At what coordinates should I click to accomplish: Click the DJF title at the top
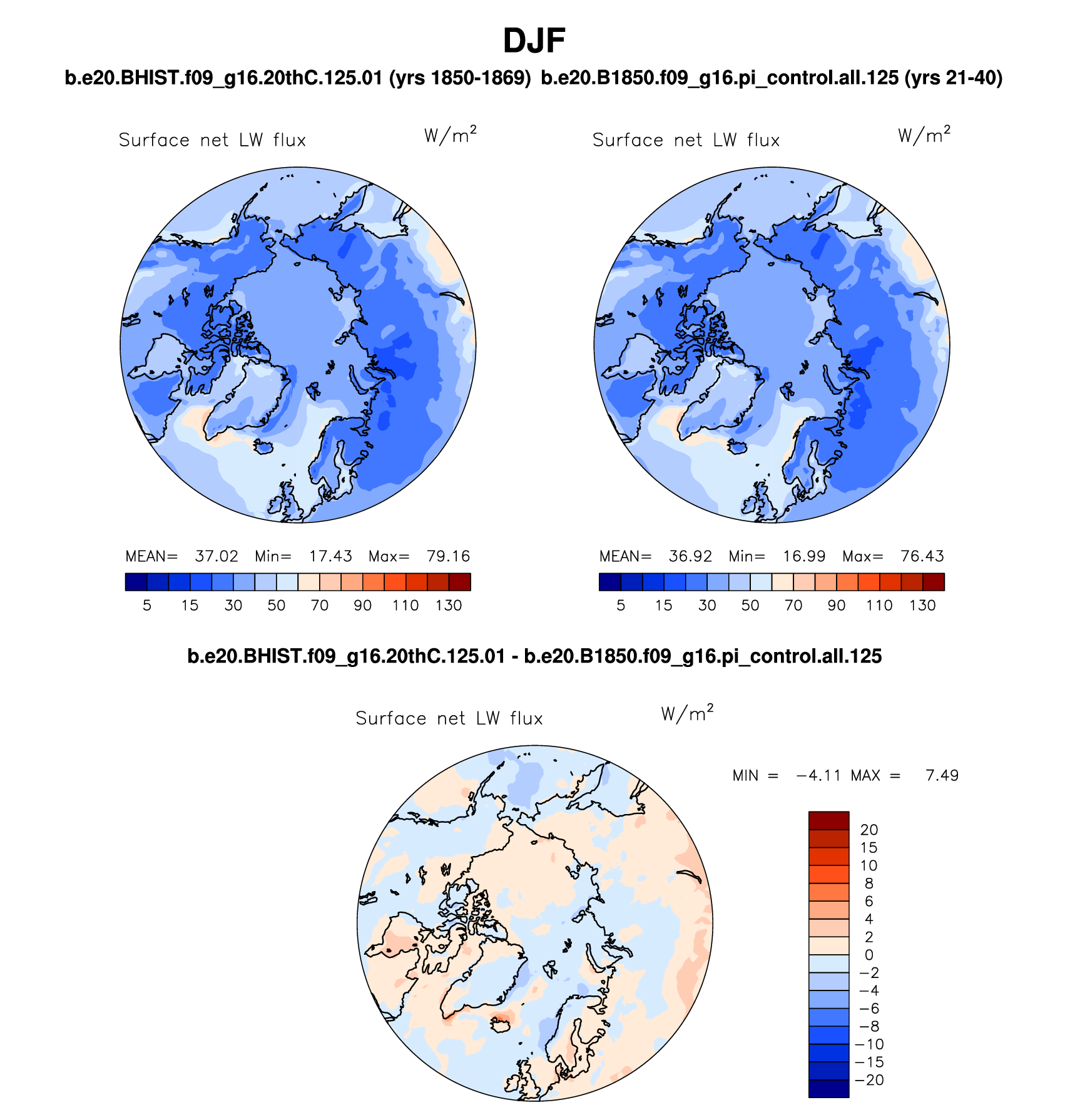coord(534,41)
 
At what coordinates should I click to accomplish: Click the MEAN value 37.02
coord(217,556)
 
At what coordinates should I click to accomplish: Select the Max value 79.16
coord(448,556)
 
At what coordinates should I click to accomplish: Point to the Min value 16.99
coord(804,556)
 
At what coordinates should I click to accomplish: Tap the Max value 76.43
coord(922,556)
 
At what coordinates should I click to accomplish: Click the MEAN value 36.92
coord(690,556)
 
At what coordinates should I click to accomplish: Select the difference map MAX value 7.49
coord(942,776)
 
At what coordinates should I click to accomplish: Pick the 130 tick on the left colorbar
coord(449,606)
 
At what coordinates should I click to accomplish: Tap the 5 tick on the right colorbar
coord(621,606)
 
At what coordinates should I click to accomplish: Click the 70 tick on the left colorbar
coord(320,606)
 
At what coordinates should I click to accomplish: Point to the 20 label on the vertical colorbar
coord(869,830)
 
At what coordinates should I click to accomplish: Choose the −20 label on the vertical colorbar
coord(869,1080)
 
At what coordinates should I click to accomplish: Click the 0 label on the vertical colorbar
coord(869,955)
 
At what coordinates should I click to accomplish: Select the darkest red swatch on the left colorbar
coord(460,582)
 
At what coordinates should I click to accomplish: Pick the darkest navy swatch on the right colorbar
coord(610,582)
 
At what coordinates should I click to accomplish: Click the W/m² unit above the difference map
coord(687,714)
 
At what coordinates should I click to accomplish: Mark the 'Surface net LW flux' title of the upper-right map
coord(686,140)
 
